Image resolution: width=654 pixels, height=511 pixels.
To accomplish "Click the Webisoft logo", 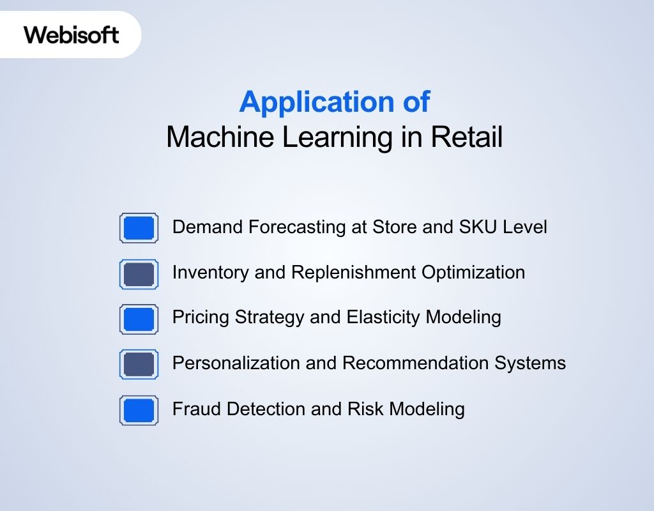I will [72, 34].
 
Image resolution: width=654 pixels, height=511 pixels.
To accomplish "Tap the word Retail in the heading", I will [467, 138].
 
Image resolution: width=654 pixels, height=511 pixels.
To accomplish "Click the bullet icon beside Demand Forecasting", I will [139, 228].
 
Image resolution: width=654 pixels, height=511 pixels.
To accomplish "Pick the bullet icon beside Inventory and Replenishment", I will [139, 274].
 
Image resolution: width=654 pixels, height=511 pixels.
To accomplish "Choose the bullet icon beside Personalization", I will [139, 365].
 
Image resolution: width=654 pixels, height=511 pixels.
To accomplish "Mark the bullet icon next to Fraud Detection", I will [139, 410].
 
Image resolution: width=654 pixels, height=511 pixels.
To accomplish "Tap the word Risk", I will [366, 409].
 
